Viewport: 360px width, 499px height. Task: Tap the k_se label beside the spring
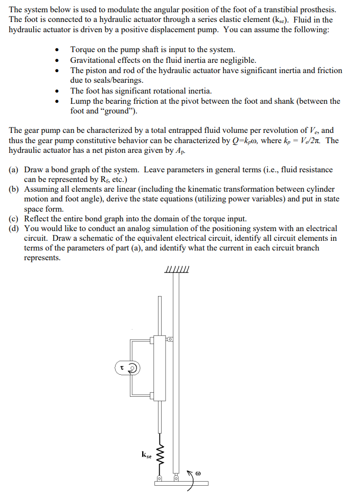click(146, 453)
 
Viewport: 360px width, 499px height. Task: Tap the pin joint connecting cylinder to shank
click(170, 339)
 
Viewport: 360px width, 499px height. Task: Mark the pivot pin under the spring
click(159, 479)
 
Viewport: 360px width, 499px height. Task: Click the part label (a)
click(15, 169)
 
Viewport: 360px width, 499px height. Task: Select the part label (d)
click(15, 229)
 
